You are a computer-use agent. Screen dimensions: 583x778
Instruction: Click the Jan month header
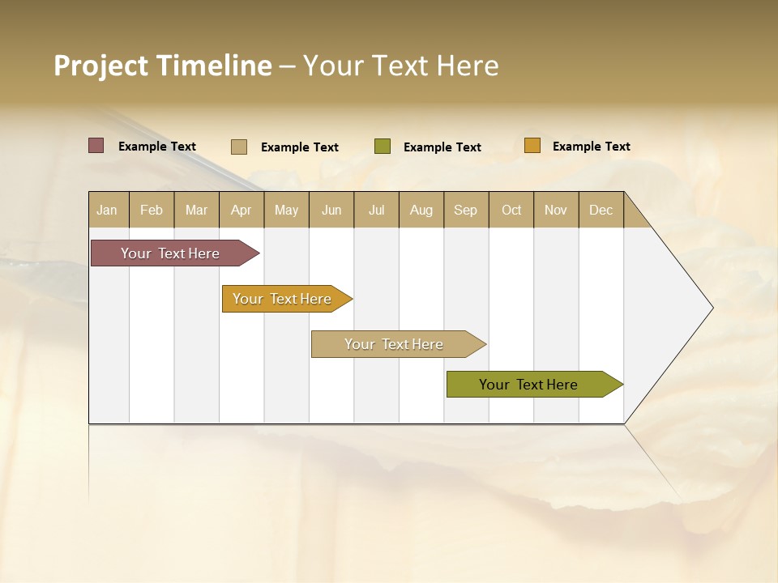coord(108,210)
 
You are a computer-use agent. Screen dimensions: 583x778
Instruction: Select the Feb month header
coord(152,210)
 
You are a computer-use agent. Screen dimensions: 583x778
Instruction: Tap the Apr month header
coord(242,210)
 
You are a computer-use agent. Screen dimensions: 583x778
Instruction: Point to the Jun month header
coord(331,210)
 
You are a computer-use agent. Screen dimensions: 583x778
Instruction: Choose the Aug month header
coord(421,210)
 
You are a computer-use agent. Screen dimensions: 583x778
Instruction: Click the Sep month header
coord(466,210)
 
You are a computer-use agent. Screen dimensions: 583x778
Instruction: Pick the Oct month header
coord(511,210)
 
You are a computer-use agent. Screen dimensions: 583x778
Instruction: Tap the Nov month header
coord(556,210)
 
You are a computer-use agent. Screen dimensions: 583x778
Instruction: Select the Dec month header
coord(601,210)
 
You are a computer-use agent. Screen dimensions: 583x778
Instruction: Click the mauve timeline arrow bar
coord(170,253)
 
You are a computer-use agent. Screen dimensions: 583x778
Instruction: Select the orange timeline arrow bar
coord(283,299)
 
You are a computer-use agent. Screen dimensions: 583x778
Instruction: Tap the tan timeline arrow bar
coord(394,344)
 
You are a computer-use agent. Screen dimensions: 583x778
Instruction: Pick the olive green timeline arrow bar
coord(529,385)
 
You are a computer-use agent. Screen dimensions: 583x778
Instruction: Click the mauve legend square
coord(96,146)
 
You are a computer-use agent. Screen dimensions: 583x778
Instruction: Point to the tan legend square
coord(239,147)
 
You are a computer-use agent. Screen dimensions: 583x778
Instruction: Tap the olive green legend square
coord(383,147)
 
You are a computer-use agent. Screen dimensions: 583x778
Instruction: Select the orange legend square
coord(532,146)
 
